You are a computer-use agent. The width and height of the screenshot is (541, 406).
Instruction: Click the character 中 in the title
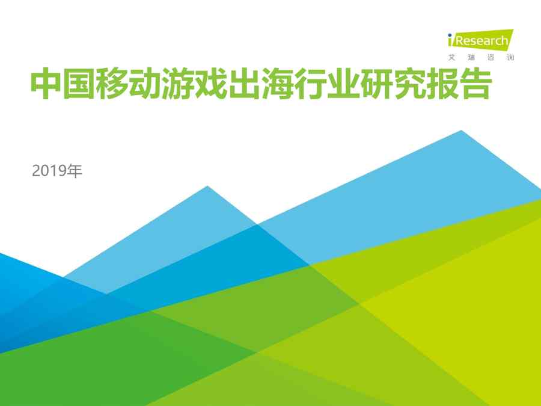(46, 84)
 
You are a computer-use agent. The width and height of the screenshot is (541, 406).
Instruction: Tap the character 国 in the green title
(79, 84)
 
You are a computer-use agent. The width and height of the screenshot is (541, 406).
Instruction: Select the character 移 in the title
(112, 84)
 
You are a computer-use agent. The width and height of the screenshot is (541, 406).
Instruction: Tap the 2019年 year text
(57, 171)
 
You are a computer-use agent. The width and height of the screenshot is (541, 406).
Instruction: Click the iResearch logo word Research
(482, 41)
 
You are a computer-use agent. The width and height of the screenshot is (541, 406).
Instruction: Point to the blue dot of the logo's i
(450, 35)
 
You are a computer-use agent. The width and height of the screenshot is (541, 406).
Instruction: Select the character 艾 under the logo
(451, 57)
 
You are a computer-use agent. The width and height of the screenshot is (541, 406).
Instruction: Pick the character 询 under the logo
(510, 57)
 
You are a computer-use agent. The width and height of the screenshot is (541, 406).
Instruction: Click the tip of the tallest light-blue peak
(461, 131)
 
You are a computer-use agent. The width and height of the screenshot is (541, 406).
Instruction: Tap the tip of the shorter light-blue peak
(207, 186)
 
